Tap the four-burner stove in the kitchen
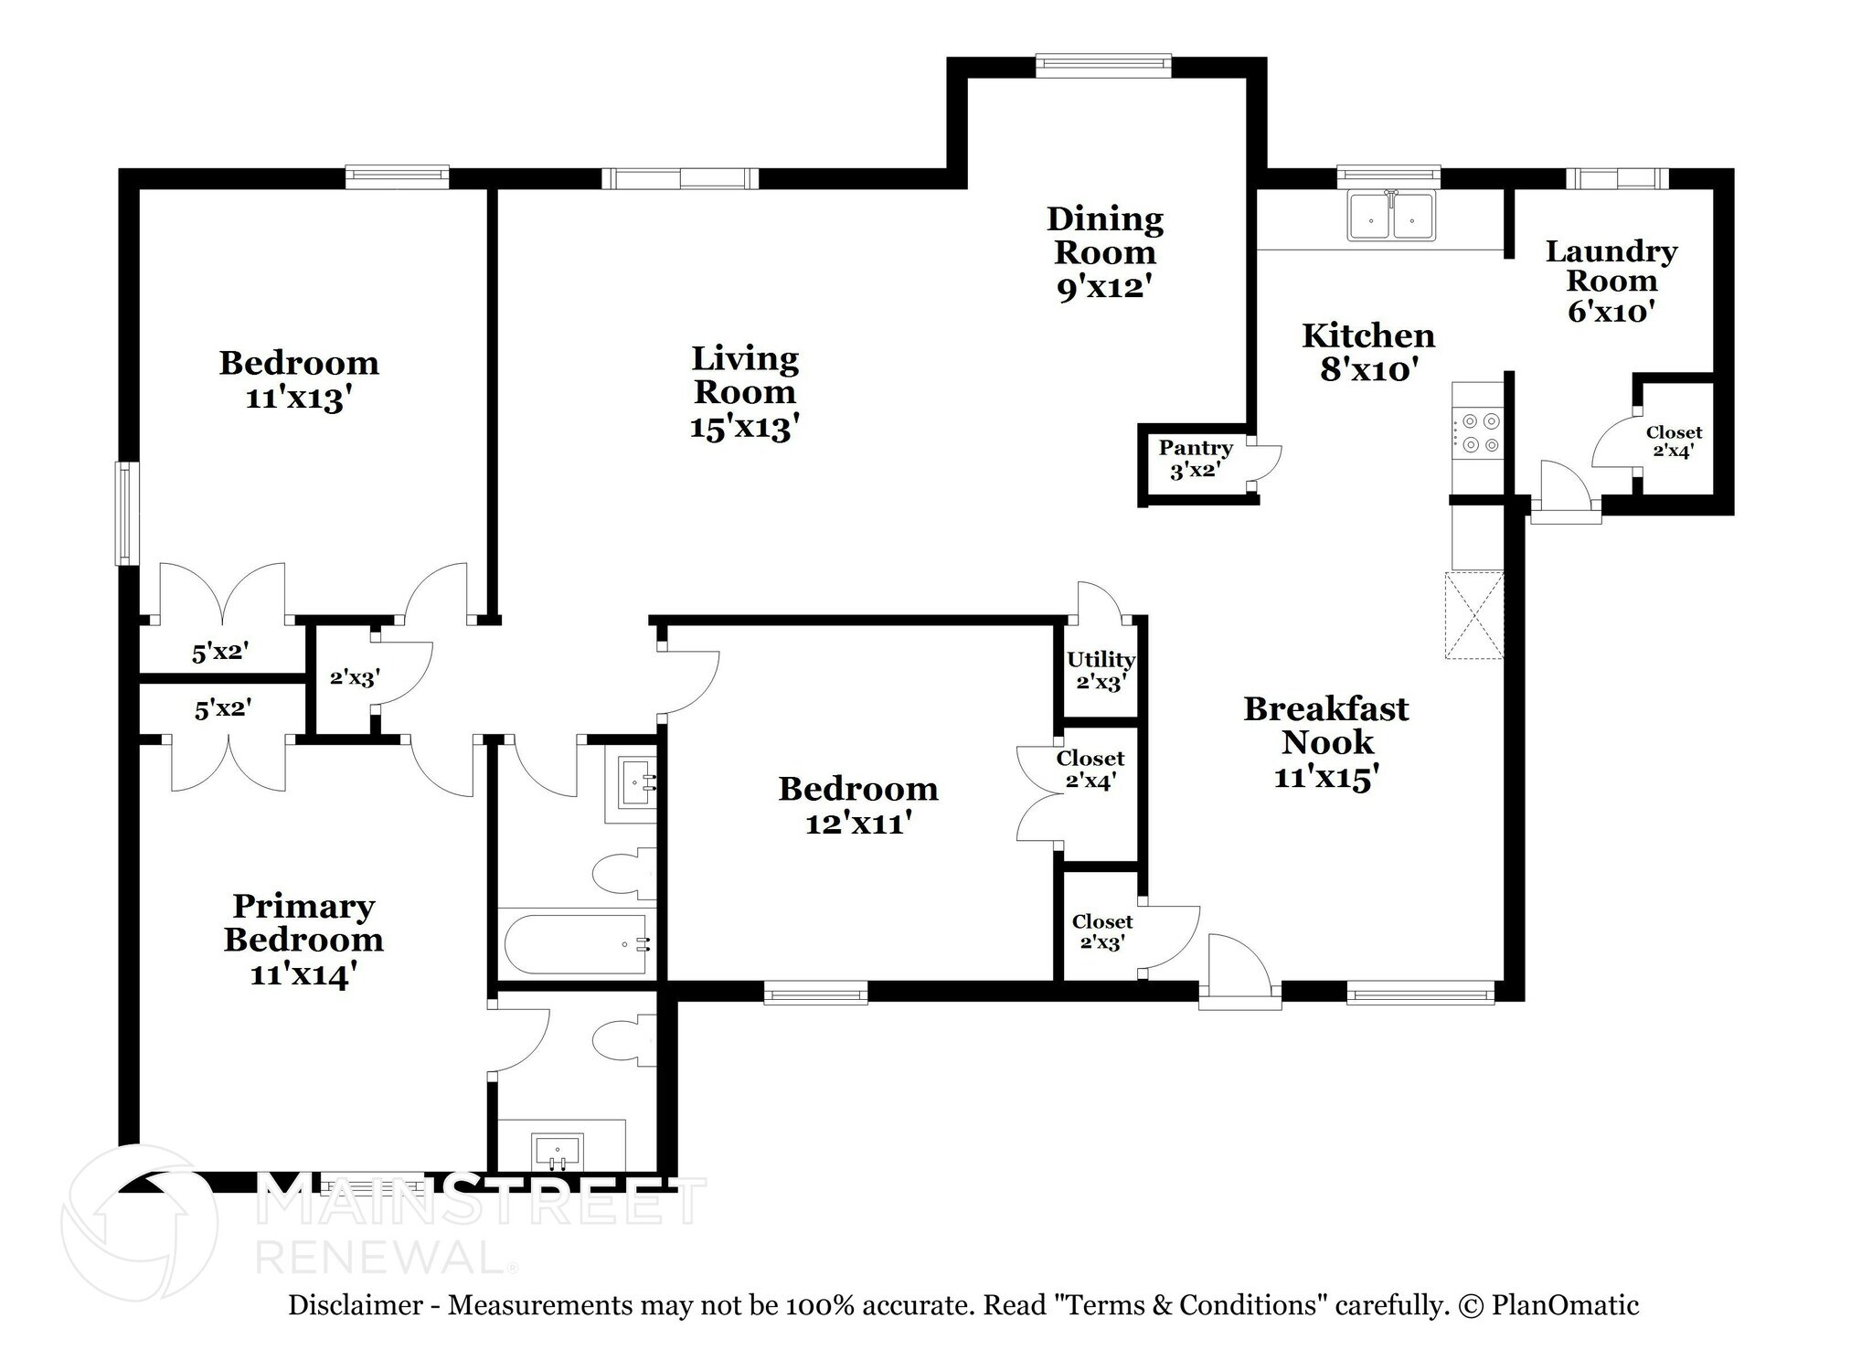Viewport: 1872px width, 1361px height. click(x=1479, y=432)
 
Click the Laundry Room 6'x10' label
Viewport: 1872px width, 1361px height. click(x=1611, y=281)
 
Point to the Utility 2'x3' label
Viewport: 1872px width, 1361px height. click(x=1101, y=670)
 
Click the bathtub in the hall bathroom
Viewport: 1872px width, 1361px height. click(x=577, y=944)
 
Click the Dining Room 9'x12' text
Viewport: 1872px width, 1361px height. click(x=1104, y=252)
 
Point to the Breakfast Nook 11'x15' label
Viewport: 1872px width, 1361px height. click(x=1326, y=742)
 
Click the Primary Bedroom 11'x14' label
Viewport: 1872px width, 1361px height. click(x=303, y=940)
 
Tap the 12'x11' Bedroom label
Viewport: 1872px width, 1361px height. click(x=858, y=805)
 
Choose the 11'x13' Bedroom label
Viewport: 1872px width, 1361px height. click(x=299, y=380)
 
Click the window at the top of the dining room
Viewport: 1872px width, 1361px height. click(x=1103, y=63)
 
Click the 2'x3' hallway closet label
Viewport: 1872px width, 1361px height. click(x=355, y=678)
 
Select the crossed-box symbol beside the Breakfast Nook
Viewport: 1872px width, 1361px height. click(x=1473, y=614)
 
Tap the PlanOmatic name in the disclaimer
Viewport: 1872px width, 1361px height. click(x=1565, y=1305)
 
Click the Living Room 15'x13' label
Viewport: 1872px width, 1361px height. click(x=745, y=393)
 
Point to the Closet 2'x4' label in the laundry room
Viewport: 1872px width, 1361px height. click(x=1674, y=441)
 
